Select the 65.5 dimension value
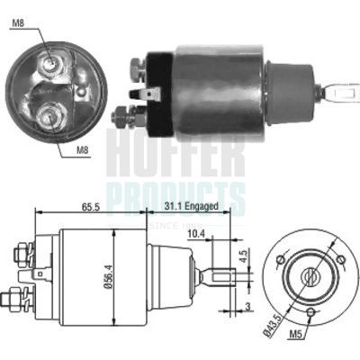click(89, 206)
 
